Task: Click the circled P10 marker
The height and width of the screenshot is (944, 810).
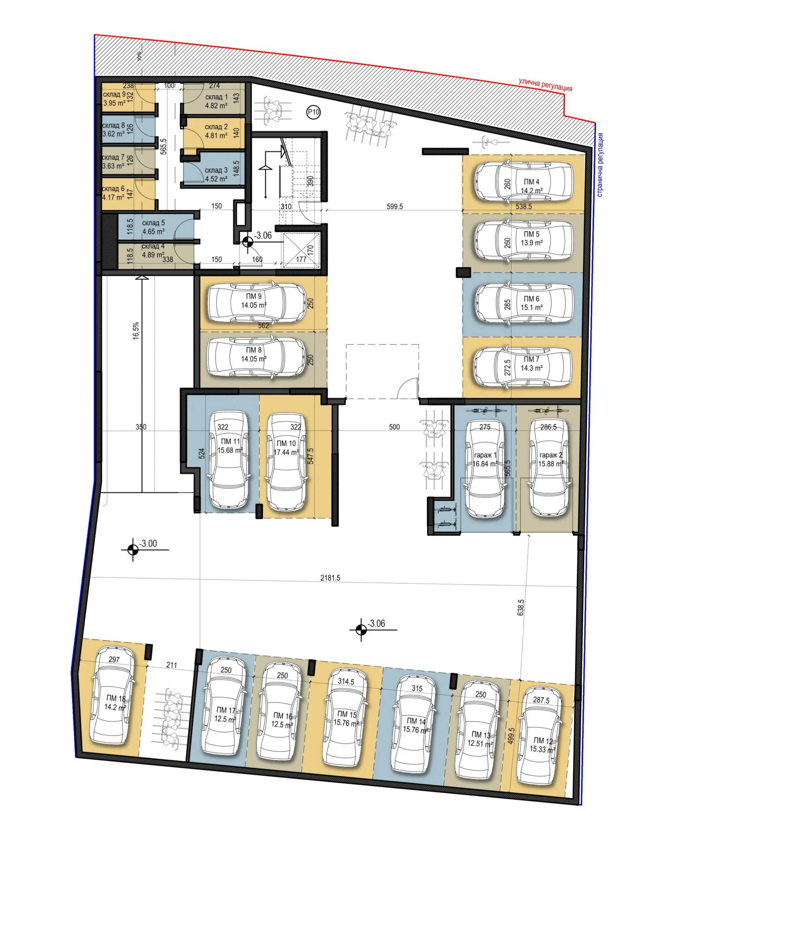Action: click(x=313, y=112)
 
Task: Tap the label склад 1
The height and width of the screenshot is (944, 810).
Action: click(x=216, y=97)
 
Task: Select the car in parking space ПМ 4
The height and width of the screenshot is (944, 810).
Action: click(x=523, y=181)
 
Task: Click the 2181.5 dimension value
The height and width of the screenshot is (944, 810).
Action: click(x=330, y=578)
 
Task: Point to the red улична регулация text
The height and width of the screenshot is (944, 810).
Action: click(x=545, y=85)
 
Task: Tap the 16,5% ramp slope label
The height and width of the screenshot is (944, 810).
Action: click(x=136, y=330)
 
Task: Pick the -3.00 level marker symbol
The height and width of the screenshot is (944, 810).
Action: click(x=132, y=550)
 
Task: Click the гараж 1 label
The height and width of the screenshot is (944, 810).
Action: click(x=485, y=455)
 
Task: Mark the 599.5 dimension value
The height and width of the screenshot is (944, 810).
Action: click(x=395, y=206)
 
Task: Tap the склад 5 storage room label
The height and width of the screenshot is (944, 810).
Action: click(x=153, y=223)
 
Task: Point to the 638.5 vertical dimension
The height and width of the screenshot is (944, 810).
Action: click(x=521, y=607)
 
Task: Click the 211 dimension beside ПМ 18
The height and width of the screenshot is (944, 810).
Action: click(x=171, y=665)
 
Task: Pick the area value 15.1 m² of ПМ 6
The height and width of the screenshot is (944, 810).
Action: click(x=531, y=308)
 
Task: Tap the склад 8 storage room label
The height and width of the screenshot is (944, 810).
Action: click(x=114, y=125)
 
